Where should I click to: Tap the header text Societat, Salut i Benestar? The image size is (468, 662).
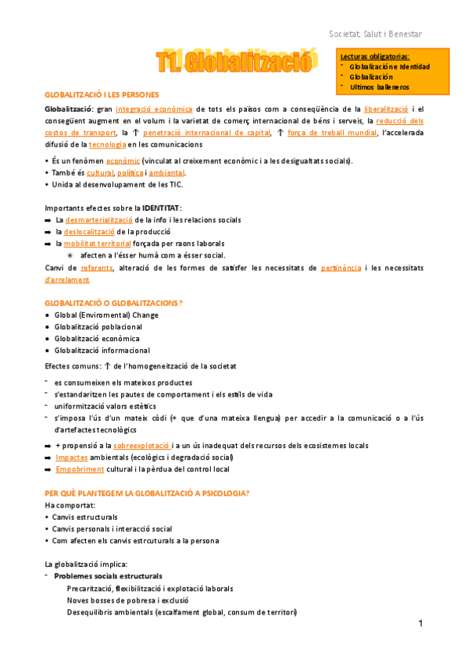point(377,34)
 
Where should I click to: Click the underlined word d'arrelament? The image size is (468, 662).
point(66,279)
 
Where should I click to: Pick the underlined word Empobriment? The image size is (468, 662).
point(80,469)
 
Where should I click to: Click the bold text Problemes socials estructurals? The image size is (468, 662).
point(109,576)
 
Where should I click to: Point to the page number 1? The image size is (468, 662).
point(420,624)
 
